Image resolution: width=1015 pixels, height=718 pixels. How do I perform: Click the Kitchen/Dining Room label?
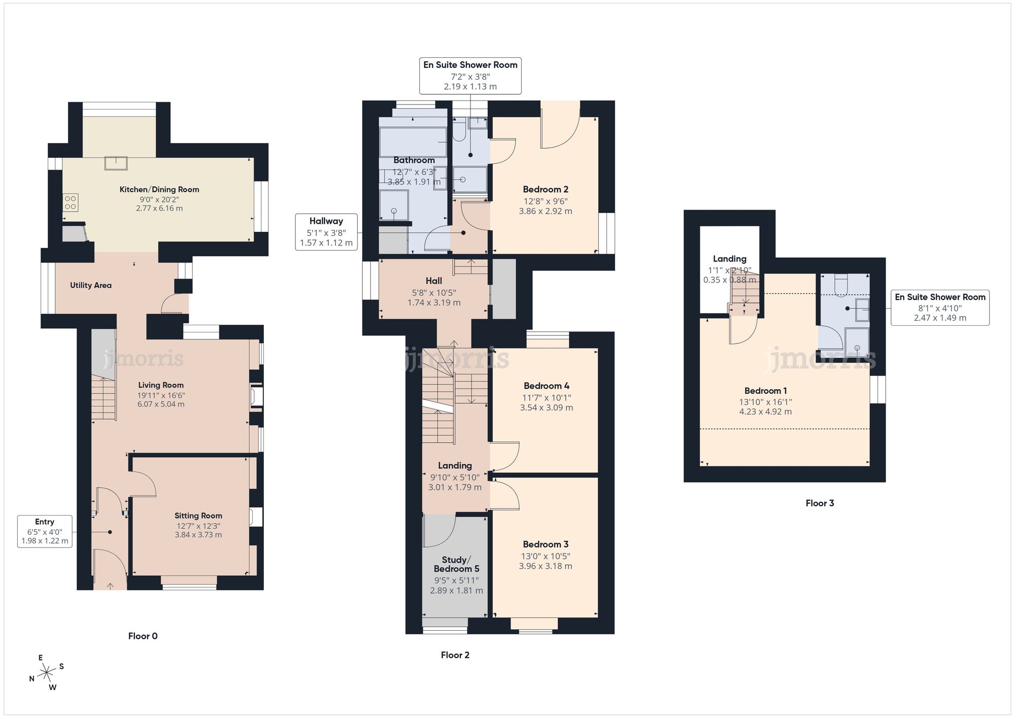(x=159, y=189)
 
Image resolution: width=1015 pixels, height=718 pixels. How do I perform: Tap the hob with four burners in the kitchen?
(x=71, y=202)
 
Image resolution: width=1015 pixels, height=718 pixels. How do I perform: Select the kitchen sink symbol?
(x=116, y=163)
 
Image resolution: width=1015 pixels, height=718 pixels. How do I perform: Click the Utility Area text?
(x=91, y=285)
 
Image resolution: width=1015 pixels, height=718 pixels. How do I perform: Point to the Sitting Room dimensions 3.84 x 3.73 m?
(x=198, y=535)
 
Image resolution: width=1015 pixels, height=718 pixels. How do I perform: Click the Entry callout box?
(x=45, y=531)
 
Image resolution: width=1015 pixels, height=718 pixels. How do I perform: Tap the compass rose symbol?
(x=47, y=673)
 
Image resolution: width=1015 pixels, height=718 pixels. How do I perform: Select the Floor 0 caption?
(x=143, y=636)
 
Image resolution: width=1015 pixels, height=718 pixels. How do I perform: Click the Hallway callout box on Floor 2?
(x=326, y=232)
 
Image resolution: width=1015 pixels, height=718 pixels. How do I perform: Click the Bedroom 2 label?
(x=546, y=189)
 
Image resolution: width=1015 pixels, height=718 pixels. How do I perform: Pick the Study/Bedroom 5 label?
(x=456, y=564)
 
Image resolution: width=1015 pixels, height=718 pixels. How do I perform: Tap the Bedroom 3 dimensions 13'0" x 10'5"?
(x=546, y=556)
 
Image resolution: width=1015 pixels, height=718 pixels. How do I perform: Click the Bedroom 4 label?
(x=546, y=386)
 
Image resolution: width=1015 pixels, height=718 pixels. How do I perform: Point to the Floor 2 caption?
(x=455, y=655)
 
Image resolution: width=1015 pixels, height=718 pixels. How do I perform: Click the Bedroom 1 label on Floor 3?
(x=765, y=391)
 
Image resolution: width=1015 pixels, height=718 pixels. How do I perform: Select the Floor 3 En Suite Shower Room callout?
(x=940, y=307)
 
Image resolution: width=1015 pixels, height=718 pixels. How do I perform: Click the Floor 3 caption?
(x=820, y=503)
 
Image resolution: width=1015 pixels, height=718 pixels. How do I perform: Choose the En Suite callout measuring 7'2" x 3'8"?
(x=470, y=76)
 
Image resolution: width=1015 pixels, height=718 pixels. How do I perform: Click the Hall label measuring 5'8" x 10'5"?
(x=434, y=281)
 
